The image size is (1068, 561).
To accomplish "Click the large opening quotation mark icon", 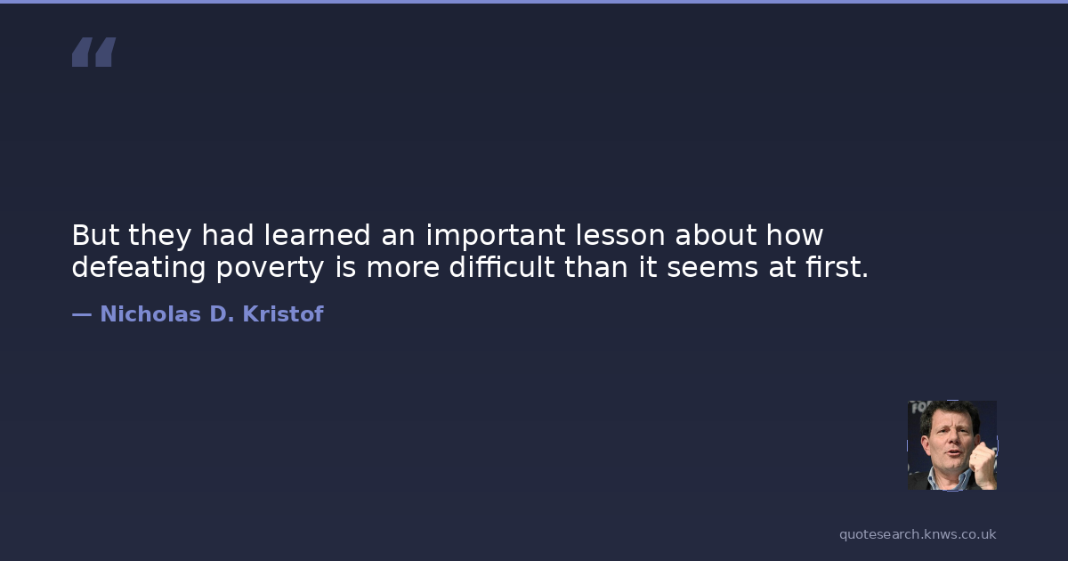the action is coord(94,52).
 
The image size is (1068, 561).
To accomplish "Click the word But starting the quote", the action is coord(95,235).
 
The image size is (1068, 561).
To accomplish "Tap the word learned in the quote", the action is coord(317,235).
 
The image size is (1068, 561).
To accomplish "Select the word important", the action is coord(496,237).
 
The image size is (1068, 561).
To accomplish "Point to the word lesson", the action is coord(620,235).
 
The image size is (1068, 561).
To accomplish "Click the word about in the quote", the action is coord(716,235).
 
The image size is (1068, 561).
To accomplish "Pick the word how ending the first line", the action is coord(795,235).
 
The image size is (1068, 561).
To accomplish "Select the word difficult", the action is coord(502,266).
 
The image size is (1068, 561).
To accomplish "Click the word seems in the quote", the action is coord(712,269).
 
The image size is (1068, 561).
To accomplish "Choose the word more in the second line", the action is coord(403,269).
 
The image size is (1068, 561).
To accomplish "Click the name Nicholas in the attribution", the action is coord(150,313).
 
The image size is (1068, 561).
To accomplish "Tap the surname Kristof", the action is coord(283,313).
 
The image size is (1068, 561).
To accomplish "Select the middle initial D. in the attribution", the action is coord(222,313).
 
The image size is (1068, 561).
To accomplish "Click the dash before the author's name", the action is coord(82,315).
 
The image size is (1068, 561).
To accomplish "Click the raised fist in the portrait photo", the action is coord(983,464).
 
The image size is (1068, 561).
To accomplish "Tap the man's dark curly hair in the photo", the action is coord(950,415).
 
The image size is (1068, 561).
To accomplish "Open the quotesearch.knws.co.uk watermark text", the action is coord(918,534).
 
